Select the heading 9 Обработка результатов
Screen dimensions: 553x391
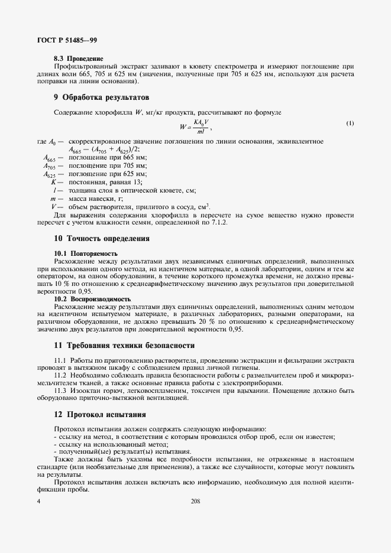coord(101,96)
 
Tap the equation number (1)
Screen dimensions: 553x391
coord(350,123)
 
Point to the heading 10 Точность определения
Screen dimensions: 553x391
coord(101,239)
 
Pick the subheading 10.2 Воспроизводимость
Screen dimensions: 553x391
coord(92,299)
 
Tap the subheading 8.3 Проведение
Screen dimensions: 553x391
coord(79,59)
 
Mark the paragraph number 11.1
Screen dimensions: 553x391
coord(60,360)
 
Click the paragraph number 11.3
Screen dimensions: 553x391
coord(60,390)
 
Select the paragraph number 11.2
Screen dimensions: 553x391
coord(60,375)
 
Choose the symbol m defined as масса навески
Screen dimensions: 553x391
coord(53,199)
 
